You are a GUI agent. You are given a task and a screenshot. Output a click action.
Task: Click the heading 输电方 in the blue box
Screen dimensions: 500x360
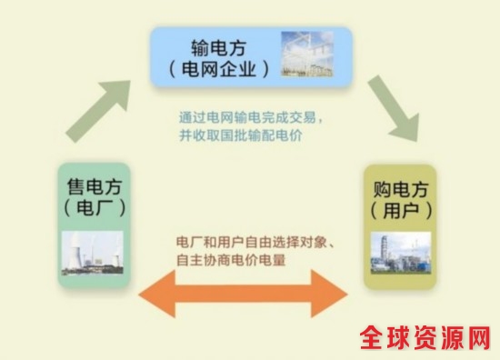pyautogui.click(x=219, y=48)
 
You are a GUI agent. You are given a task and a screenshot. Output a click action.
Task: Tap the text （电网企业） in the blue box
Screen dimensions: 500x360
pyautogui.click(x=219, y=69)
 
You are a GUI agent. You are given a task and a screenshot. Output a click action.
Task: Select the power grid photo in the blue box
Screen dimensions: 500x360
pyautogui.click(x=307, y=54)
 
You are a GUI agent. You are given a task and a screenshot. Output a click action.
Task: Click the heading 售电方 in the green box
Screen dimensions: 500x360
pyautogui.click(x=95, y=187)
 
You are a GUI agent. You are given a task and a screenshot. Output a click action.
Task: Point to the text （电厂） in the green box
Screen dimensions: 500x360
pyautogui.click(x=95, y=208)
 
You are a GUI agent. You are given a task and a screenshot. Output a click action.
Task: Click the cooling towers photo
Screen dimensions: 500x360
pyautogui.click(x=93, y=253)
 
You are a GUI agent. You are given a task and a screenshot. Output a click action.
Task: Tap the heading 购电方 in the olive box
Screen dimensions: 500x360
pyautogui.click(x=401, y=189)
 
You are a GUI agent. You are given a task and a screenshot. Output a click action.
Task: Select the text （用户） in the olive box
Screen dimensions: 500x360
pyautogui.click(x=401, y=211)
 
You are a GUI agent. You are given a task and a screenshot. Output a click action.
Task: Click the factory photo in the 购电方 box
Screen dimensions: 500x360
pyautogui.click(x=401, y=253)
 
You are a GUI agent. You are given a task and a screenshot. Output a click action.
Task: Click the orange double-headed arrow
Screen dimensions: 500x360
pyautogui.click(x=244, y=294)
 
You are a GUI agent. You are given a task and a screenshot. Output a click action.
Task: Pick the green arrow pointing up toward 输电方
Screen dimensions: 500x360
pyautogui.click(x=98, y=111)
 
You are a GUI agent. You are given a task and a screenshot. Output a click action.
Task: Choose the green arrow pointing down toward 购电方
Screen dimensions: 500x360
pyautogui.click(x=394, y=108)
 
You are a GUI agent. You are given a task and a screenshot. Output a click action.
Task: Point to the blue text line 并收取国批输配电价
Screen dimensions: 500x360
pyautogui.click(x=241, y=135)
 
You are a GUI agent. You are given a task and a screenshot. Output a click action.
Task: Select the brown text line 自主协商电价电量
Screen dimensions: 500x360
pyautogui.click(x=231, y=260)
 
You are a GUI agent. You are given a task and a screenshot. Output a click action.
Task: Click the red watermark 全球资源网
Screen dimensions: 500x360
pyautogui.click(x=425, y=337)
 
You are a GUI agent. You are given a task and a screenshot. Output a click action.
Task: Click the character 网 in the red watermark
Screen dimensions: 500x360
pyautogui.click(x=478, y=337)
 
